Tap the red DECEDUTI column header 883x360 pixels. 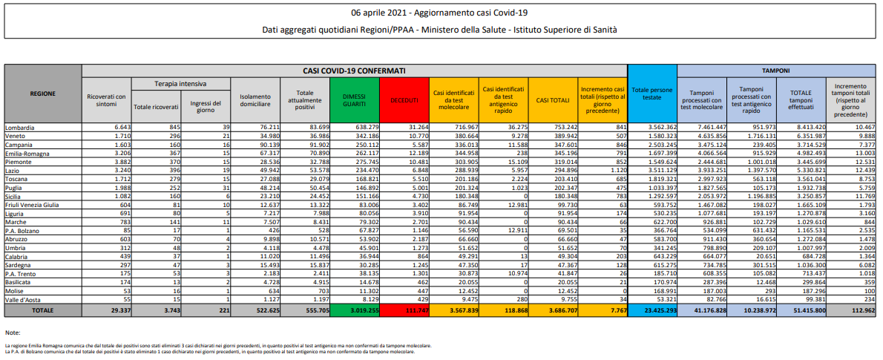coord(403,99)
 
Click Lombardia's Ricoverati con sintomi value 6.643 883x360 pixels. coord(119,128)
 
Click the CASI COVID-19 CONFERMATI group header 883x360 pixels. coord(355,70)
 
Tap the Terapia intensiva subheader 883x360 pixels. coord(180,84)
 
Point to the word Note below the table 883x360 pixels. coord(12,332)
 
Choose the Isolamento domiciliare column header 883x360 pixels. coord(255,99)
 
